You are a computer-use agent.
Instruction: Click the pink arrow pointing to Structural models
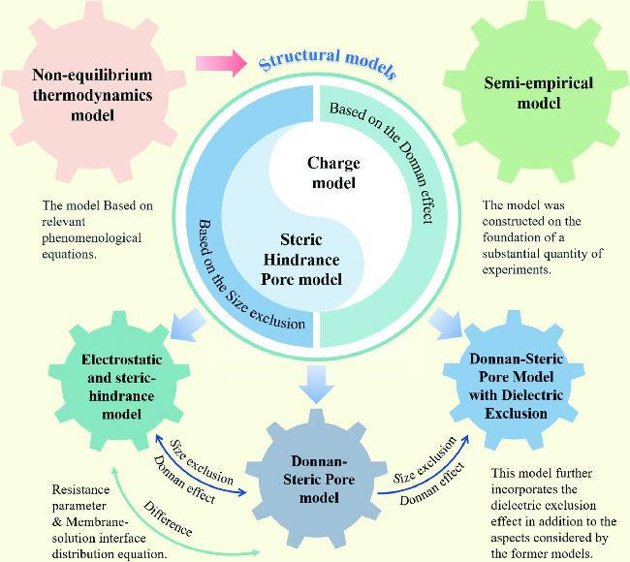point(217,63)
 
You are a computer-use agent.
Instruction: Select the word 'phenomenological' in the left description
point(92,237)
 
